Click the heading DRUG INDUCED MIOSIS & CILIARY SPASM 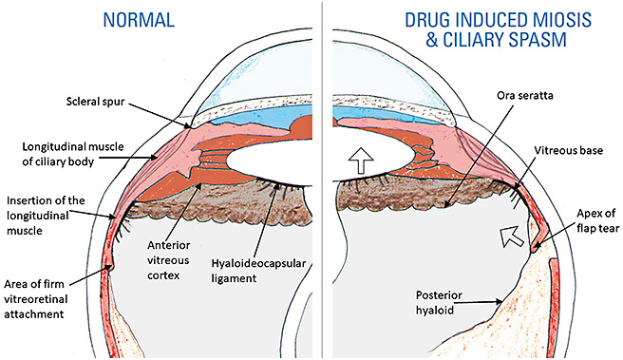pos(472,30)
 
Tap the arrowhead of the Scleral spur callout pos(191,125)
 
